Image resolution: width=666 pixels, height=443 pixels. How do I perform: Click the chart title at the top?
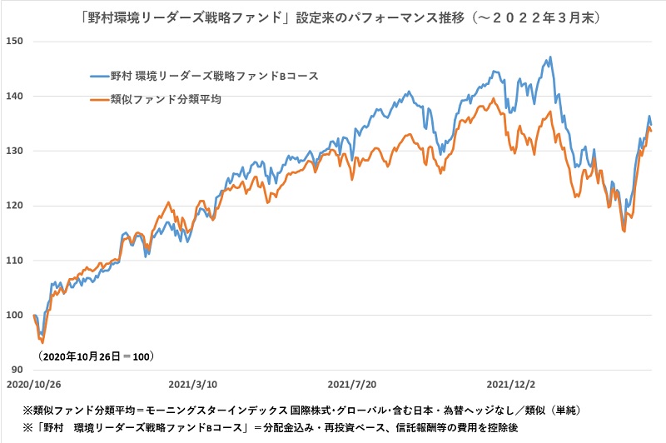333,14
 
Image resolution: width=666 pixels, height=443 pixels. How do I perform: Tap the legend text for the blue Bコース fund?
215,77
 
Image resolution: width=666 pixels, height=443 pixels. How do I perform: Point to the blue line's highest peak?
550,57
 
